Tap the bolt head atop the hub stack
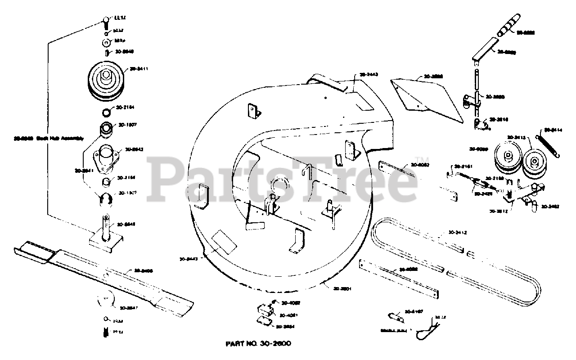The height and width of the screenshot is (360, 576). pyautogui.click(x=105, y=20)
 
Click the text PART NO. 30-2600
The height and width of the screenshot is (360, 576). pyautogui.click(x=258, y=343)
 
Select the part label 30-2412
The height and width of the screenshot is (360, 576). pyautogui.click(x=457, y=233)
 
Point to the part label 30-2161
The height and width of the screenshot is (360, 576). pyautogui.click(x=463, y=166)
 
